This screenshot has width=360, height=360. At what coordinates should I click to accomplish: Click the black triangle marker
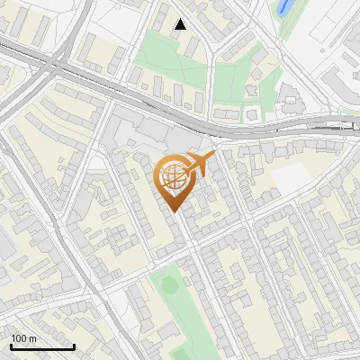tap(181, 24)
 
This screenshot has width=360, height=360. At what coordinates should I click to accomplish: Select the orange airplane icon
tap(198, 165)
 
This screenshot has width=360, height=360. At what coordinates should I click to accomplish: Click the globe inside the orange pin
tap(171, 177)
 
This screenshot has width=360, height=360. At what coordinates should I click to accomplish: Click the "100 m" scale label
tap(23, 338)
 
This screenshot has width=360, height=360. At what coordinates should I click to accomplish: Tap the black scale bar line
tap(42, 346)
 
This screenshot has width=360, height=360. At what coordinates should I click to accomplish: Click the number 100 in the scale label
tap(19, 338)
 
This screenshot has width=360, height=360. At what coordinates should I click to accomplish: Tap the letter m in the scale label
tap(33, 338)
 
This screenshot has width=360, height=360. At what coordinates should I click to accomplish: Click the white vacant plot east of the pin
tap(290, 179)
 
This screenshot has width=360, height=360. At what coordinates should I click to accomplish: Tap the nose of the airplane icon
tap(214, 157)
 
